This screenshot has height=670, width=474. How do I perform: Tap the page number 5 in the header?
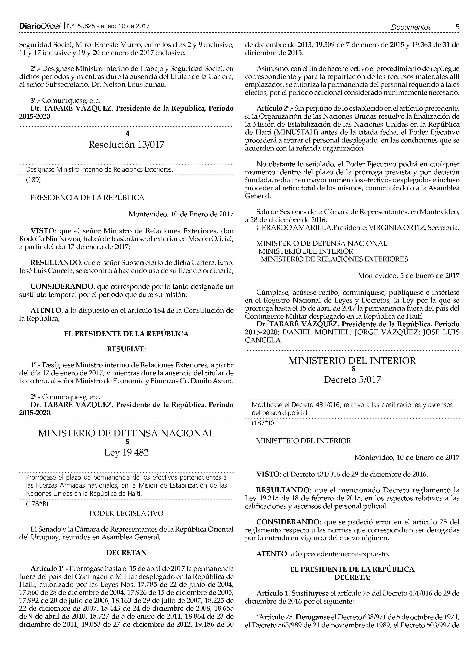tap(457, 27)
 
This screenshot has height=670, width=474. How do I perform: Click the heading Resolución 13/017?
tap(126, 145)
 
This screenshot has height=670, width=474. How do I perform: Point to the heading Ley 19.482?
tap(126, 453)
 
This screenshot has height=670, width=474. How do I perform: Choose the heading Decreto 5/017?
tap(352, 380)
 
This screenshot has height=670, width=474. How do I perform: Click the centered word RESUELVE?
tap(126, 349)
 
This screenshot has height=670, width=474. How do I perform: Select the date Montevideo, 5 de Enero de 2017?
tap(408, 275)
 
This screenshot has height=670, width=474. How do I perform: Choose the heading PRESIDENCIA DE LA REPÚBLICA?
tap(87, 198)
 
